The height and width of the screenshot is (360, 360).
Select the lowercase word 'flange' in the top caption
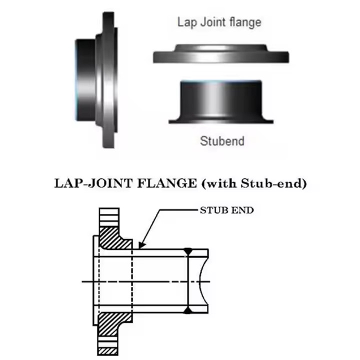click(245, 22)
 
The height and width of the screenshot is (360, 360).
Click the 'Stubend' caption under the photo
click(222, 141)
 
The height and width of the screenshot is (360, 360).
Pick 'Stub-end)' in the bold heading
click(273, 183)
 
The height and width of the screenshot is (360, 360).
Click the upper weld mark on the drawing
click(188, 250)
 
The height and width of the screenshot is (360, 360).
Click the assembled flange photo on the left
click(97, 80)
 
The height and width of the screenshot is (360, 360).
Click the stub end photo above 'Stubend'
click(221, 102)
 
